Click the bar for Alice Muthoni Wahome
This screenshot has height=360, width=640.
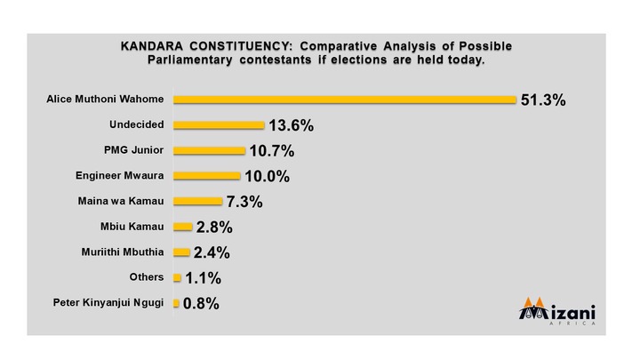(345, 100)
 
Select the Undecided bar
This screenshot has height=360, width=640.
(219, 125)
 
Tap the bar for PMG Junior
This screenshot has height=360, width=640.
(210, 150)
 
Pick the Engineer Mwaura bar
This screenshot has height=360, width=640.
(207, 176)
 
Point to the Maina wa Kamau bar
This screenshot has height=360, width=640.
(198, 201)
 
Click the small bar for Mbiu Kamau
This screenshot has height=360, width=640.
(183, 227)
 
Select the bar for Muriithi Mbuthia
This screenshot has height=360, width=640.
(181, 252)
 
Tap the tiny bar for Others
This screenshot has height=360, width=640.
(177, 278)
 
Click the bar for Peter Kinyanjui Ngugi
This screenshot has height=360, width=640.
(176, 303)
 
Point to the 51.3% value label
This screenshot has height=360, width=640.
(543, 100)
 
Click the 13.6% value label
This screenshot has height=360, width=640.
(292, 125)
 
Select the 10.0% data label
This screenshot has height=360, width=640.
(268, 176)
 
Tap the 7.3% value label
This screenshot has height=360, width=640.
(244, 202)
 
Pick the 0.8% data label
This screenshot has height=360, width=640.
(201, 304)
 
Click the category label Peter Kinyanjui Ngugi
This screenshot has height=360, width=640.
(108, 303)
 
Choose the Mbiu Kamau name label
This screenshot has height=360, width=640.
(132, 227)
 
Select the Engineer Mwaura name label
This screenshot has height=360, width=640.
(120, 176)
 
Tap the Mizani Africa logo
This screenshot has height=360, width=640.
(557, 311)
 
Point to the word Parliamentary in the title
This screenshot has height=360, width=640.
(190, 60)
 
